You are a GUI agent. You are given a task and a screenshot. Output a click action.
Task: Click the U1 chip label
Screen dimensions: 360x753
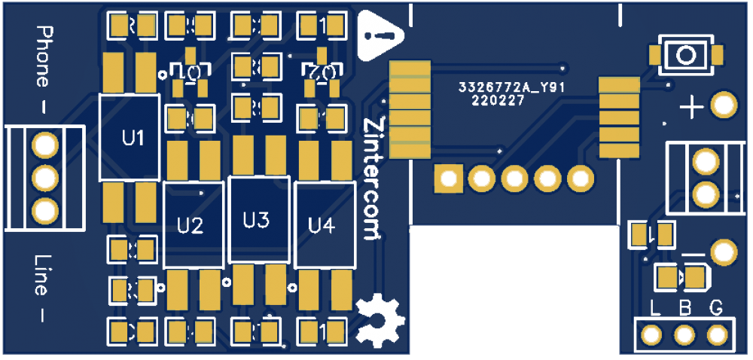[133, 139]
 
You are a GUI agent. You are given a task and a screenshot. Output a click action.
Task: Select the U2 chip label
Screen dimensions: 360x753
[191, 225]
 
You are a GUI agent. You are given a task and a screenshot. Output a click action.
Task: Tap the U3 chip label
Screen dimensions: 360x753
[256, 221]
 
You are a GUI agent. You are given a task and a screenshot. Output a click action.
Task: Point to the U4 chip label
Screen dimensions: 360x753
[322, 224]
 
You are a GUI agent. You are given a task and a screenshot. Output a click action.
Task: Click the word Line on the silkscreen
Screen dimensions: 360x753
[43, 274]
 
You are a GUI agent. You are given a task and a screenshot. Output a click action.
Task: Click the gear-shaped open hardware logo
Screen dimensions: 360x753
[379, 319]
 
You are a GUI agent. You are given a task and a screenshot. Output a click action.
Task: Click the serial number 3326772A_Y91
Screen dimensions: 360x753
[512, 88]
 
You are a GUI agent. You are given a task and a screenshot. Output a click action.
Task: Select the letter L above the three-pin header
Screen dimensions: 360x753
[655, 307]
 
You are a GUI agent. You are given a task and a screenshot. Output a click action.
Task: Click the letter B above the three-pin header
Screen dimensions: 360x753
[685, 307]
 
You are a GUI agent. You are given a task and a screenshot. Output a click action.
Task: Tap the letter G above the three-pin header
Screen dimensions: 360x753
[716, 307]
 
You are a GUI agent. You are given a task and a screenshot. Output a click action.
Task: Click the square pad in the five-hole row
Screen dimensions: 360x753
[449, 179]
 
